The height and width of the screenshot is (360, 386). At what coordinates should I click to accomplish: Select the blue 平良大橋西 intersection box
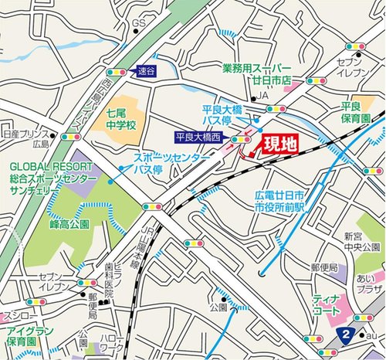[197, 138]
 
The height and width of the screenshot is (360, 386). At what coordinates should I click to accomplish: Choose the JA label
[263, 95]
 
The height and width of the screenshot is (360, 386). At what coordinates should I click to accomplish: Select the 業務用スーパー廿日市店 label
[263, 74]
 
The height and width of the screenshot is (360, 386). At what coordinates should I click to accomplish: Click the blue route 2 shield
[347, 333]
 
